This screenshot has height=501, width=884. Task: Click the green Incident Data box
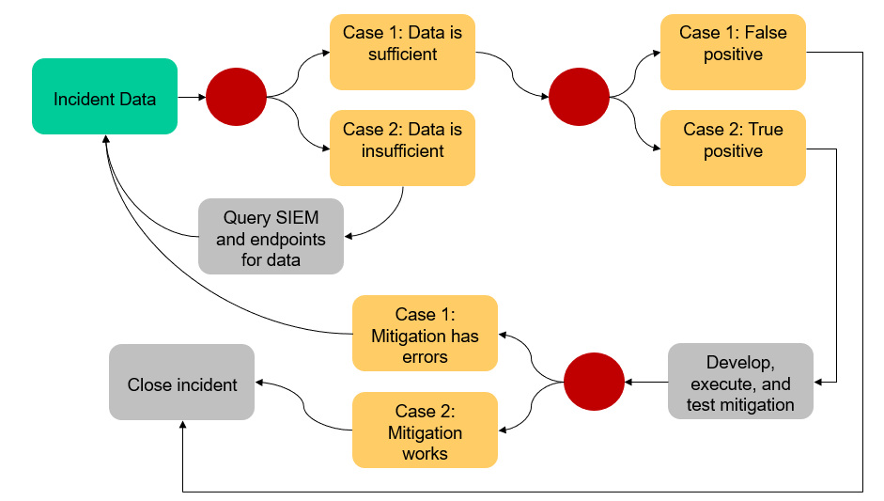click(104, 97)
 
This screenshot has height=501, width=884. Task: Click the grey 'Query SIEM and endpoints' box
click(271, 239)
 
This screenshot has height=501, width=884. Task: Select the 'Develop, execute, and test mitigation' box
click(741, 383)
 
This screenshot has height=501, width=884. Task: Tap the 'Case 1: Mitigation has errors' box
click(425, 336)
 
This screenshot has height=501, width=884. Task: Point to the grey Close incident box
click(181, 384)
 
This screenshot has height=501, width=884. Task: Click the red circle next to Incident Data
click(236, 97)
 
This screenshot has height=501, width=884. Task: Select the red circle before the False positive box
click(579, 97)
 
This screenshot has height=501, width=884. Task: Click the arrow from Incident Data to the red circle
click(192, 97)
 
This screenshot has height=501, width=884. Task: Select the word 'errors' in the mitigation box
click(425, 357)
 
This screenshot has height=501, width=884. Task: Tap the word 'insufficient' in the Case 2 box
click(402, 151)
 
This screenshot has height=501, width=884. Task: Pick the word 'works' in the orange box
click(425, 453)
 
